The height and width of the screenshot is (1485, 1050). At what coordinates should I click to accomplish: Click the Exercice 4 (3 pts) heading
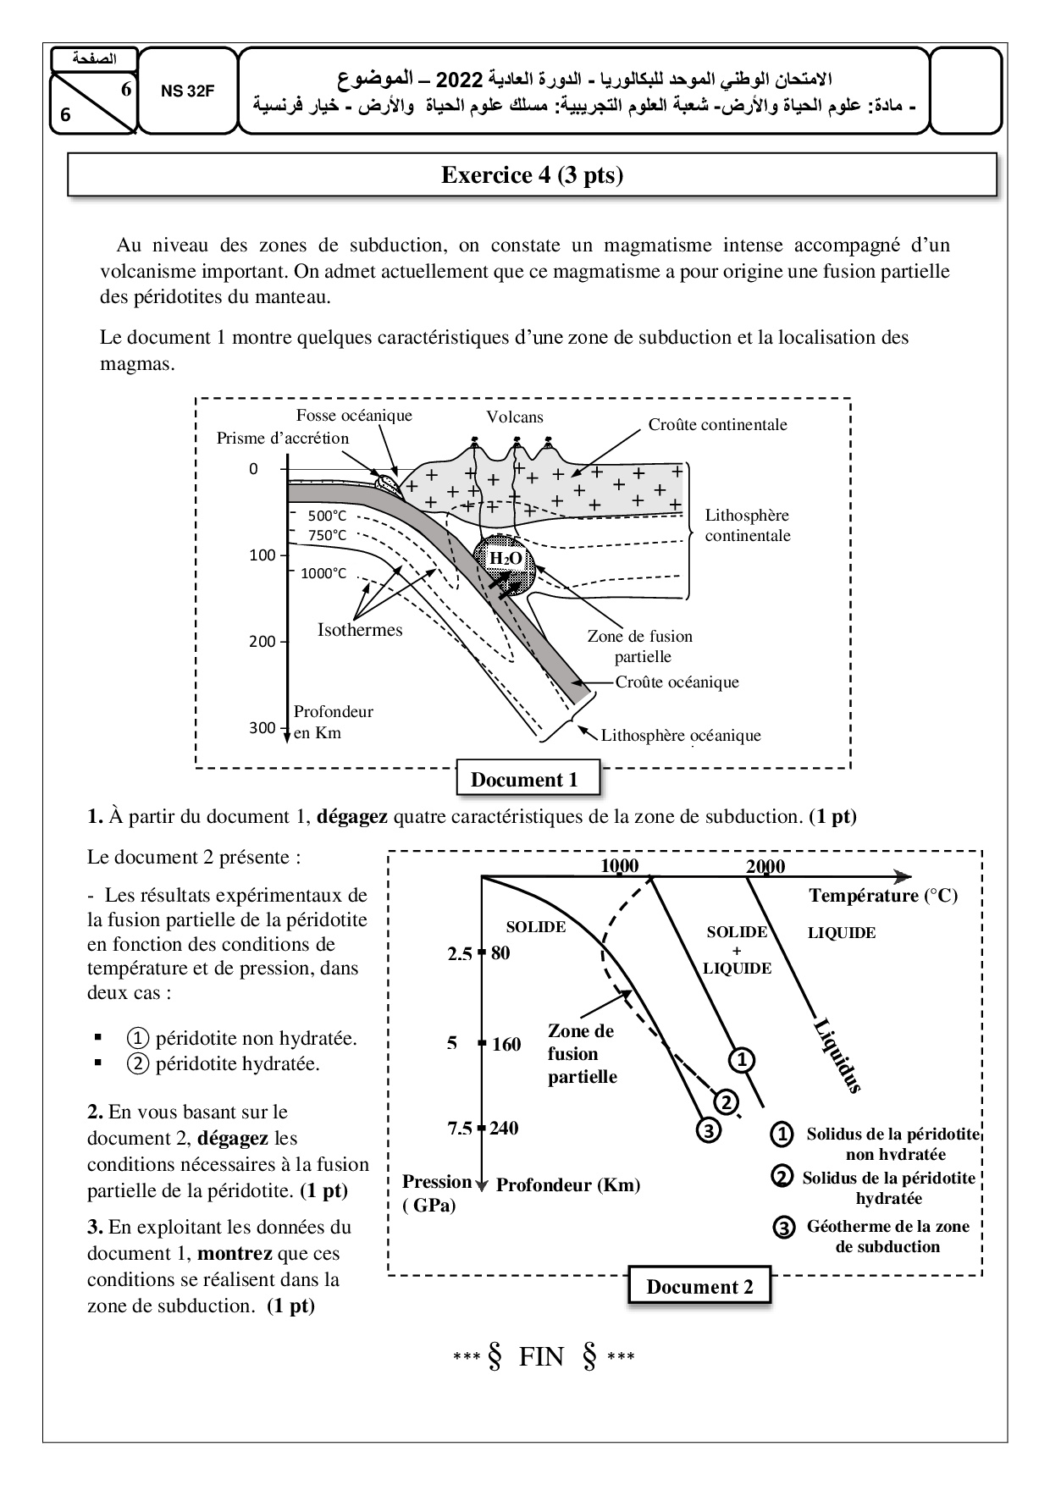532,175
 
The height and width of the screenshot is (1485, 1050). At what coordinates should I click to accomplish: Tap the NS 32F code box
188,91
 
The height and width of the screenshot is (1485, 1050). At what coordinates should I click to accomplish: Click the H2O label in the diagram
506,558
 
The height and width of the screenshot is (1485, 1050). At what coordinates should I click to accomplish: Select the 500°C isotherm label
327,516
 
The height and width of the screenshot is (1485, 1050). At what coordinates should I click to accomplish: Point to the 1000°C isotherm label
323,573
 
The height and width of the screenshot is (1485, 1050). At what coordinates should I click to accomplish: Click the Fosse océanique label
354,416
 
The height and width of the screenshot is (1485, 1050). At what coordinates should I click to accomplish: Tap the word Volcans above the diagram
515,417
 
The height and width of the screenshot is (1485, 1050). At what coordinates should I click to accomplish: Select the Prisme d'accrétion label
282,438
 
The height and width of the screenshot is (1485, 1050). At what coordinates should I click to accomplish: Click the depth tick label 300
262,728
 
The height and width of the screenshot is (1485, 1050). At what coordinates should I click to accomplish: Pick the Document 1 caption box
524,780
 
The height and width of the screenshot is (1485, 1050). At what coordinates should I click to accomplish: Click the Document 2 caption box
699,1287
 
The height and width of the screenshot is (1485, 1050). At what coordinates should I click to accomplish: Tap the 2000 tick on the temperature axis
765,866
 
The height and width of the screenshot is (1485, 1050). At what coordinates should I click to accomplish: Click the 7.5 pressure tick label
460,1128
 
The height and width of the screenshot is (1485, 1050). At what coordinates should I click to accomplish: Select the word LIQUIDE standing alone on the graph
842,933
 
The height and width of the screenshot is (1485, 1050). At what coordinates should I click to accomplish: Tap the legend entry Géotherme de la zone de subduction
887,1236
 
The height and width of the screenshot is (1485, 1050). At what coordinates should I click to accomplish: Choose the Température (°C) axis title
883,896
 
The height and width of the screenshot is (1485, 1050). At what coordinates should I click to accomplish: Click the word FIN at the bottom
541,1357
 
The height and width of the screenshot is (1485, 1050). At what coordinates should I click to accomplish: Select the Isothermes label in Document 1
360,630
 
